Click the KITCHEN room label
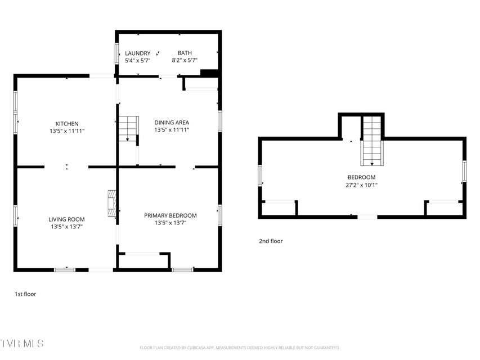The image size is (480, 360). coord(67,124)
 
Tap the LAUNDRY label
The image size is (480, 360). coord(137,53)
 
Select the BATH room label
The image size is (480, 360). coord(185,53)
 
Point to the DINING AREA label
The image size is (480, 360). coord(172,123)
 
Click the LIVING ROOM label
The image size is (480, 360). coord(66,219)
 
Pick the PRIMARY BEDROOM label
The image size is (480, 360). coord(170,215)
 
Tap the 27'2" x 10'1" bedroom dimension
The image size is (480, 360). coord(361,185)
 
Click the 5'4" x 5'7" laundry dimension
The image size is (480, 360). coord(137,61)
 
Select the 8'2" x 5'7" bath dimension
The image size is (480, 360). coord(184,60)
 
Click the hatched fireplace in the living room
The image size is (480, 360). coord(112,204)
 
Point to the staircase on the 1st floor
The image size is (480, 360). coord(128,129)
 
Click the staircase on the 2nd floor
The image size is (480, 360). coord(372,141)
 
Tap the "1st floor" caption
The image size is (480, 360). coord(25,294)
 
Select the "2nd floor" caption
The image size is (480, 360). coord(271,241)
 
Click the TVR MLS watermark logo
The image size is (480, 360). coord(22,344)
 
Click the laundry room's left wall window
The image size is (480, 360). coord(116,54)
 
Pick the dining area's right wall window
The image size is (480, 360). coord(220,121)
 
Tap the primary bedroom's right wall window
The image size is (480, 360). coord(220,215)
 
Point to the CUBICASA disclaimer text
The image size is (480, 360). coord(240,348)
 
